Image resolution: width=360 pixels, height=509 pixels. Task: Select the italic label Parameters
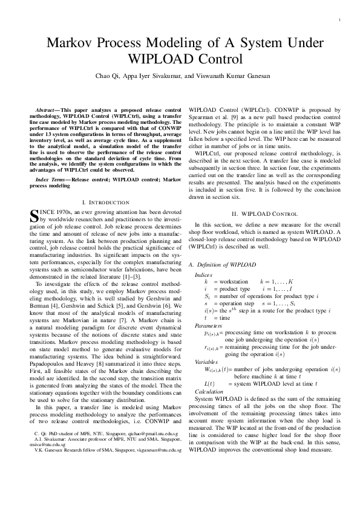point(208,325)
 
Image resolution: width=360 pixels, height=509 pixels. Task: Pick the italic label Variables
point(206,361)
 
